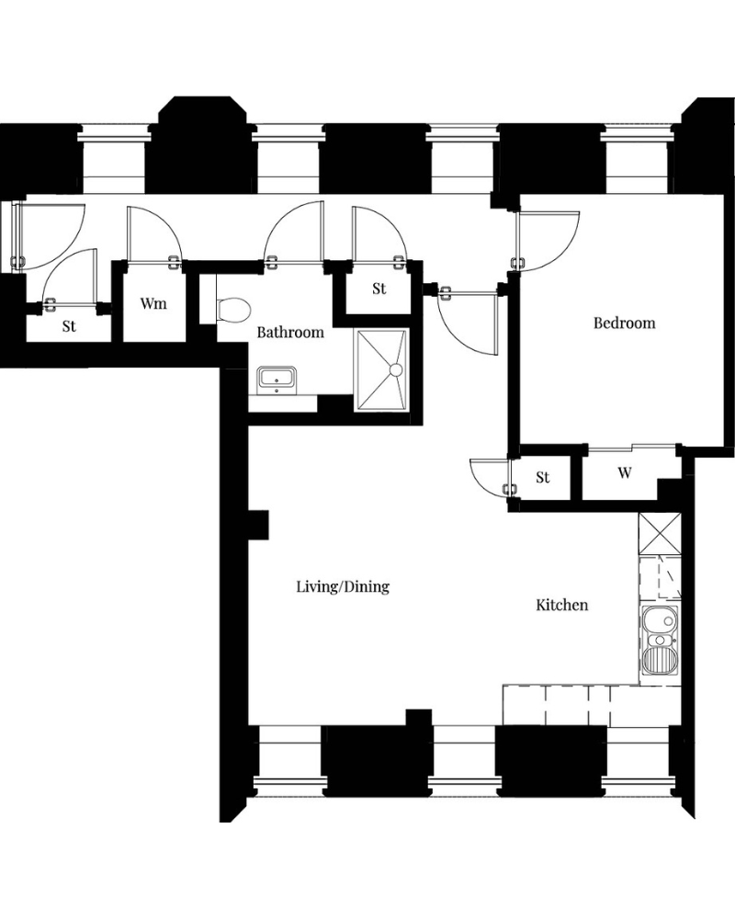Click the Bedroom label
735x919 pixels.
point(624,323)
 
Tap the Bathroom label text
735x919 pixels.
point(290,333)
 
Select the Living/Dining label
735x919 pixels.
point(343,586)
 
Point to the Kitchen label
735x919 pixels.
point(562,605)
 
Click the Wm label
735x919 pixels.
point(153,303)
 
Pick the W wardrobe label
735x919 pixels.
point(625,472)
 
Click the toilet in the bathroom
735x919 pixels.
point(234,308)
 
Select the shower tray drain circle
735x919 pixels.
point(396,369)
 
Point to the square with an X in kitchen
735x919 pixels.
point(660,533)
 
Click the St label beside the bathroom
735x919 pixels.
point(379,289)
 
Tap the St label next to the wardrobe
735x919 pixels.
point(543,478)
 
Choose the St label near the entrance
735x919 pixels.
point(69,326)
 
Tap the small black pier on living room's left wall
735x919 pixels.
point(258,525)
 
